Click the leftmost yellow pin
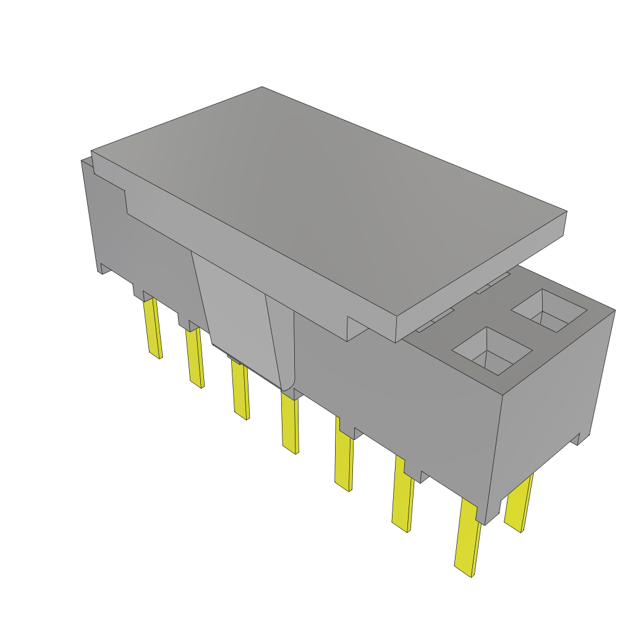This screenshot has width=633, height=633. [153, 328]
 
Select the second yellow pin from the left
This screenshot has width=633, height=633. [195, 357]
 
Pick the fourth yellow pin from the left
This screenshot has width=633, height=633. [289, 423]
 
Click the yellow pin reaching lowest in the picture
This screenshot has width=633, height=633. [468, 538]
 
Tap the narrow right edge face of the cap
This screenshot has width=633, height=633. [482, 272]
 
